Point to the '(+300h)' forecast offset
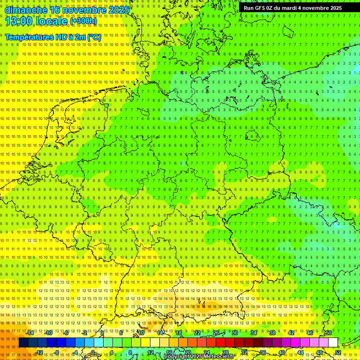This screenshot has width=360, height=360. coord(83,21)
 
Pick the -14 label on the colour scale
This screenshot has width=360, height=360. coord(30,333)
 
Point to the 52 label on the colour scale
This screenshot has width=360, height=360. coord(338,352)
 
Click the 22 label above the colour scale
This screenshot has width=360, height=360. coord(197,333)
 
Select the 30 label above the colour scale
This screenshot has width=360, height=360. coord(234,333)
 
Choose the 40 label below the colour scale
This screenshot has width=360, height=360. coord(282,352)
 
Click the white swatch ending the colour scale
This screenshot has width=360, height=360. coord(333,342)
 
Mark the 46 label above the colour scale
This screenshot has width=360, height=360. coord(309,333)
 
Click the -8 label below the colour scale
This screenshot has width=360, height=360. coord(57,352)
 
